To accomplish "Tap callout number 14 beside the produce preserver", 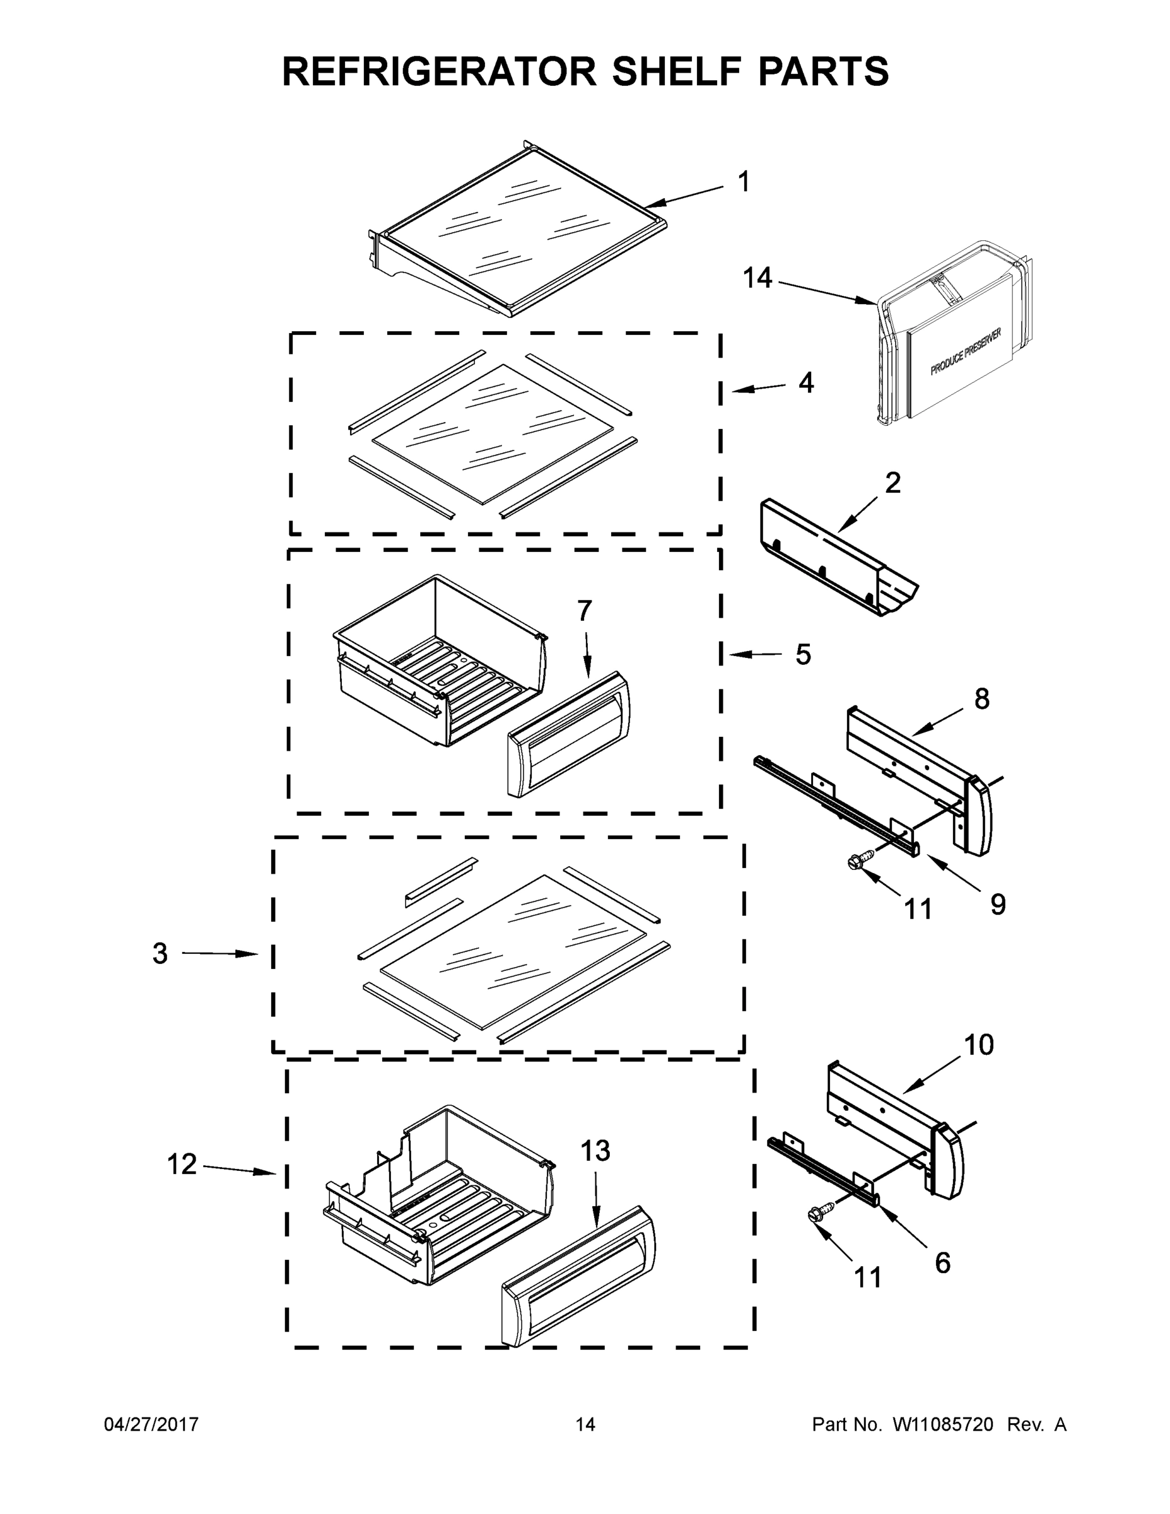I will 757,278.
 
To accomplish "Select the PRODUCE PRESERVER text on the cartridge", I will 966,352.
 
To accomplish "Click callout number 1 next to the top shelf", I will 744,182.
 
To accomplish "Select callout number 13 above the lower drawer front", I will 595,1151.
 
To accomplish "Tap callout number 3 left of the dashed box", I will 160,954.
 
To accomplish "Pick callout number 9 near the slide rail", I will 997,904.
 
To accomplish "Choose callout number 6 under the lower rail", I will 943,1262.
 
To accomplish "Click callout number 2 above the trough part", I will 892,483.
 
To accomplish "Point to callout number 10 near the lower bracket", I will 979,1045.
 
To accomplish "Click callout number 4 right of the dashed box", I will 805,383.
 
